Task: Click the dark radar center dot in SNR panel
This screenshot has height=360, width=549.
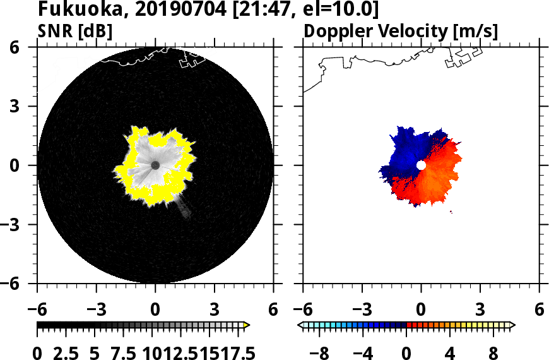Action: pos(155,165)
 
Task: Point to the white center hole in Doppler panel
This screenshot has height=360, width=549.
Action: pos(421,165)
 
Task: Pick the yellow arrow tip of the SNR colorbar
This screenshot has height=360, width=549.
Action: pos(247,325)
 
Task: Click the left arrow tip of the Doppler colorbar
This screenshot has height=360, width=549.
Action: pos(300,325)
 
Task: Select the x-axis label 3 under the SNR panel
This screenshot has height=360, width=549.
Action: pos(215,309)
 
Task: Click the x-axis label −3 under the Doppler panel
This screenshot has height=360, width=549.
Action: pos(361,309)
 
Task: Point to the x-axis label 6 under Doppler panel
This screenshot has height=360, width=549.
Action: pos(539,309)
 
